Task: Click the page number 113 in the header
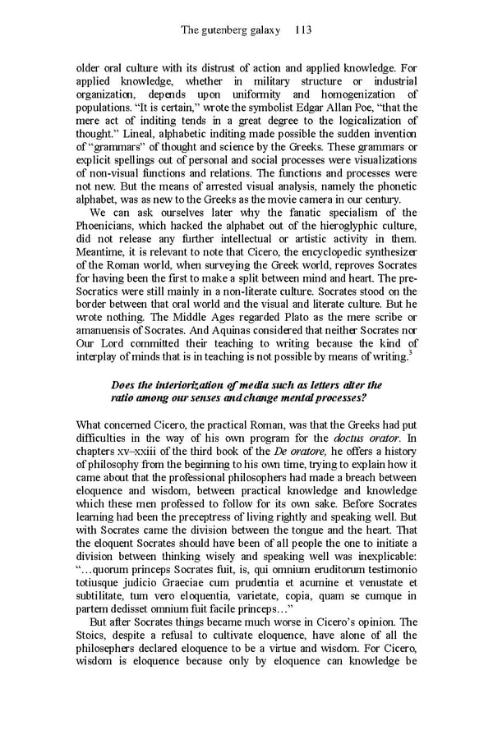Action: pyautogui.click(x=301, y=30)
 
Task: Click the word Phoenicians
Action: pyautogui.click(x=110, y=227)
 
